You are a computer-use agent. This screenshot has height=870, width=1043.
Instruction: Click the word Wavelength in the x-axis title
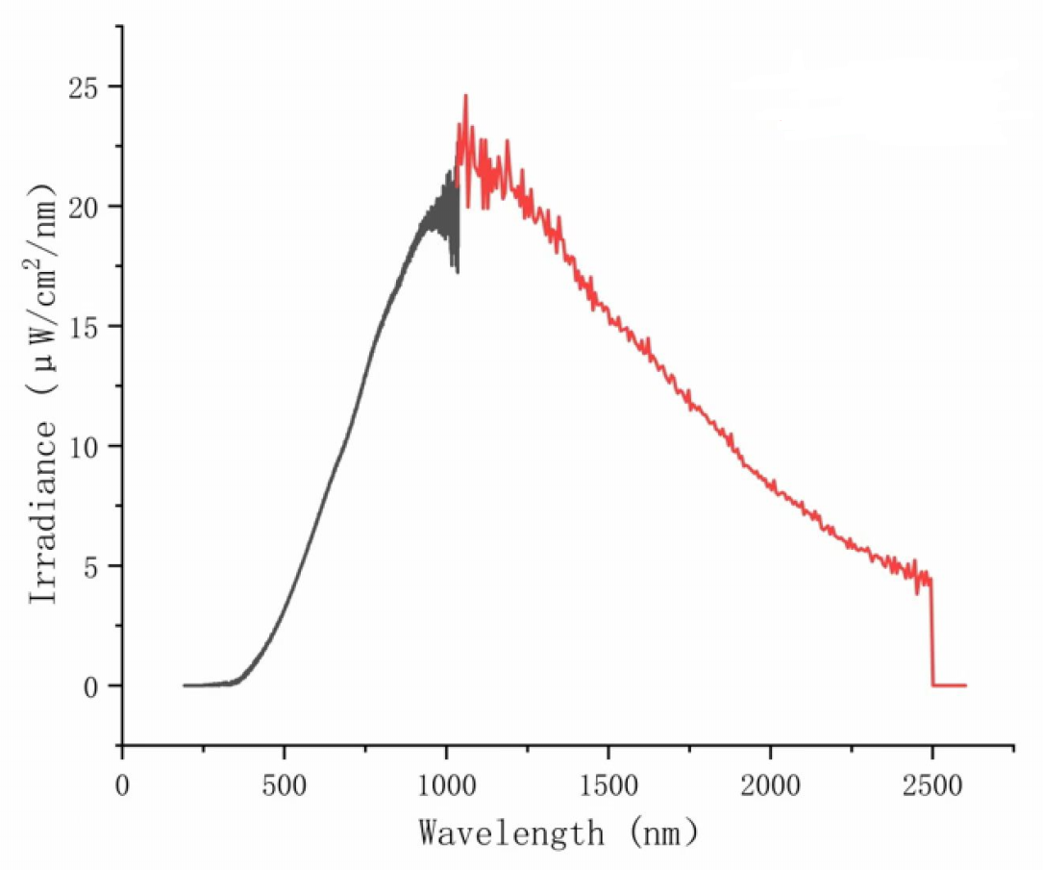click(x=511, y=832)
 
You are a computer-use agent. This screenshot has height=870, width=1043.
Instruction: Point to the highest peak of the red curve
click(x=465, y=96)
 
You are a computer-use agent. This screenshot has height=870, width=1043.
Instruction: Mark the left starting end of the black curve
click(x=184, y=685)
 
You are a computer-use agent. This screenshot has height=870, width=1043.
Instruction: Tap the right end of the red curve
click(x=965, y=685)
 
